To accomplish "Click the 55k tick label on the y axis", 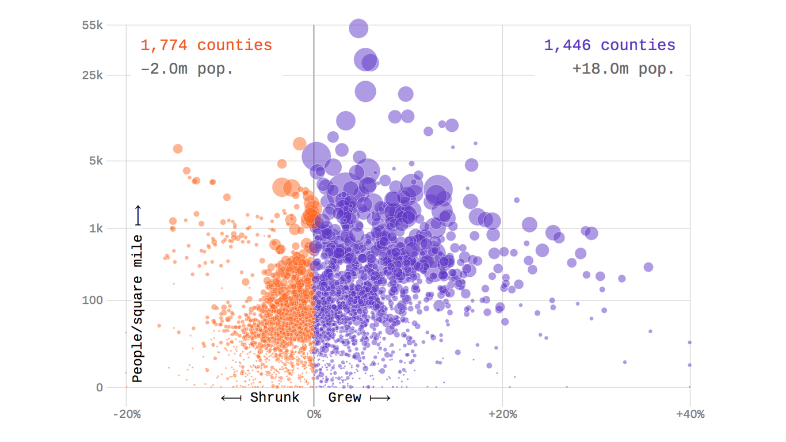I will (x=92, y=25).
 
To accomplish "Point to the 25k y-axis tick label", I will (x=92, y=75).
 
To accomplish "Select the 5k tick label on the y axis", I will (x=95, y=161).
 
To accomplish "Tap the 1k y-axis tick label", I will (x=95, y=228).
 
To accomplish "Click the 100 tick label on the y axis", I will (x=94, y=300).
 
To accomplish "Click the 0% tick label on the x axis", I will (x=314, y=414).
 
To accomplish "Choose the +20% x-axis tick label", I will (x=502, y=414).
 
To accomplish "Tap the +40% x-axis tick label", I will (x=690, y=414).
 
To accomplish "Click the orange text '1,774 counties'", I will (x=206, y=45).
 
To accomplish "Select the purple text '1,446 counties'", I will (x=609, y=45).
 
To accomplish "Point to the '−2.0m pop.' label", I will (x=187, y=69).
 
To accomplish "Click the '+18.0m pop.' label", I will (x=623, y=69).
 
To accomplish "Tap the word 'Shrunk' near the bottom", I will (x=274, y=398).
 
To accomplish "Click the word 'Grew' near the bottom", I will (x=345, y=398).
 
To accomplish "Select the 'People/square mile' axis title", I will (x=137, y=308).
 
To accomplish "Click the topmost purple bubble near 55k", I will (x=358, y=28).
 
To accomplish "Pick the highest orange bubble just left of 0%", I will (x=299, y=143).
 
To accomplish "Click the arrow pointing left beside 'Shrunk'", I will (x=231, y=398).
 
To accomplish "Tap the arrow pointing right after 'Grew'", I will (x=380, y=398).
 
